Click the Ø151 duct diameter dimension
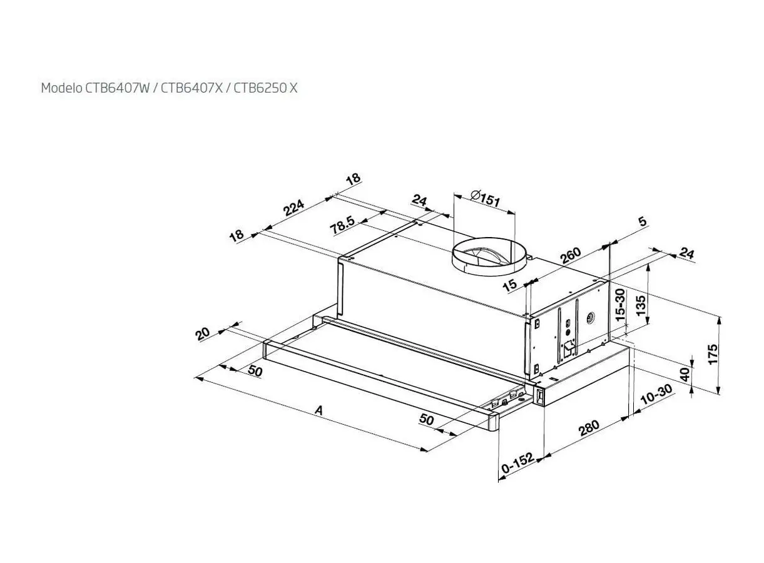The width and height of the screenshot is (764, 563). click(485, 198)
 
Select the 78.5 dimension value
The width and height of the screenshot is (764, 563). click(343, 225)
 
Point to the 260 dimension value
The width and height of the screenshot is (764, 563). click(571, 255)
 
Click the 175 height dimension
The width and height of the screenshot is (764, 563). click(713, 355)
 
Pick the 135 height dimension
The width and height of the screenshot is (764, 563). click(641, 305)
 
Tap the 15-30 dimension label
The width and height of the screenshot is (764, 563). click(621, 305)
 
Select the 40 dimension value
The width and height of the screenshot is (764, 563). click(685, 375)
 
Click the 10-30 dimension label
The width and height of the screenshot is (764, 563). click(656, 394)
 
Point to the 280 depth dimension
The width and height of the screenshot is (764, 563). click(589, 428)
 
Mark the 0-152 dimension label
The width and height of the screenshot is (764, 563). click(517, 463)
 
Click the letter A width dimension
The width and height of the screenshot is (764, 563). click(318, 410)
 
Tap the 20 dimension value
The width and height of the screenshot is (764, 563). click(203, 334)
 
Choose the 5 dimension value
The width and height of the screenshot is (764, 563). click(643, 221)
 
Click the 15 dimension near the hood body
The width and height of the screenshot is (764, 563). click(511, 285)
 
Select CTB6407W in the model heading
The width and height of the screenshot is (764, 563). click(118, 88)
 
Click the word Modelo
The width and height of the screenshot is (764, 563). click(61, 88)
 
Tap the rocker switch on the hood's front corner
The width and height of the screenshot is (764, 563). click(539, 396)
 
